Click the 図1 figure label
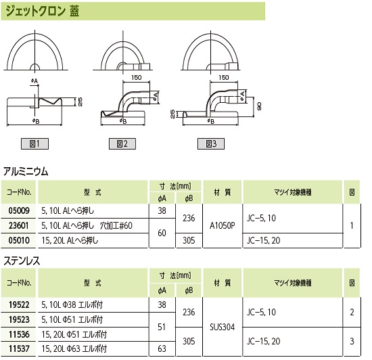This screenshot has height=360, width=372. click(34, 143)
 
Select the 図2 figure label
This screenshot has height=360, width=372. click(122, 143)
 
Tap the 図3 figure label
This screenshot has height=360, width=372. click(211, 143)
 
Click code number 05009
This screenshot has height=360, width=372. click(19, 210)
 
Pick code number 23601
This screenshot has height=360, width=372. click(19, 225)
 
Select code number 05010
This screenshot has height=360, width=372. click(19, 240)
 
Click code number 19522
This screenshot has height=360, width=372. click(19, 305)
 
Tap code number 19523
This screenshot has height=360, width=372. click(19, 319)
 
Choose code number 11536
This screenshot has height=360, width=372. click(19, 334)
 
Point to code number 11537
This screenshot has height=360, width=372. click(19, 348)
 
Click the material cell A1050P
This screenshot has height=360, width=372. click(223, 226)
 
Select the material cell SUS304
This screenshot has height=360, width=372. click(223, 327)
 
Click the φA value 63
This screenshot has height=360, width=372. click(162, 348)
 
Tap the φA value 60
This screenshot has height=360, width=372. click(162, 233)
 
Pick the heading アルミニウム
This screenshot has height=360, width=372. click(26, 171)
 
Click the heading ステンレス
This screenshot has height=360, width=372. click(22, 261)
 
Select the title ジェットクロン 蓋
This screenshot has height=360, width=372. click(43, 11)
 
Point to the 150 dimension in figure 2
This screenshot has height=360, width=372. click(136, 78)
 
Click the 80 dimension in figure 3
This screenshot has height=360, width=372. click(259, 106)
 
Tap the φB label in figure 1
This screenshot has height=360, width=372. click(36, 121)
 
